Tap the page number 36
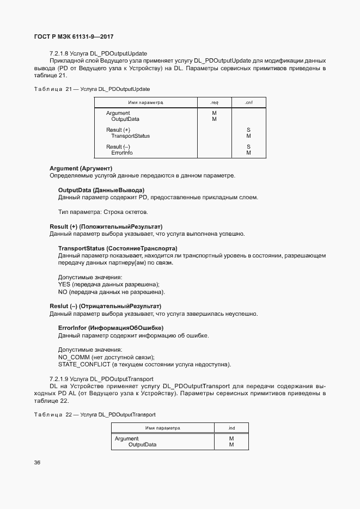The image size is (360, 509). point(38,463)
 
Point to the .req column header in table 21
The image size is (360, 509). point(214,102)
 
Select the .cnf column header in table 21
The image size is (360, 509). point(248,102)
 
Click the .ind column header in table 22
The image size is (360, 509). point(231,428)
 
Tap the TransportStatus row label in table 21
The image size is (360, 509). point(130,136)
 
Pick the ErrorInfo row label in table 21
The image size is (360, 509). point(121,153)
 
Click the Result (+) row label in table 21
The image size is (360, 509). point(118,130)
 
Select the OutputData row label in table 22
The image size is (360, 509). point(142,445)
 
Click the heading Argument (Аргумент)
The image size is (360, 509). point(81,169)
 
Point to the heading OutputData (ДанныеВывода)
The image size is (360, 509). point(101,190)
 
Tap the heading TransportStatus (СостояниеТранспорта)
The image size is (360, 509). point(118,248)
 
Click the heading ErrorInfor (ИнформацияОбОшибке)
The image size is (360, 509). point(111,328)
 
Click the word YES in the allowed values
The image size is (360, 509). point(64,284)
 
